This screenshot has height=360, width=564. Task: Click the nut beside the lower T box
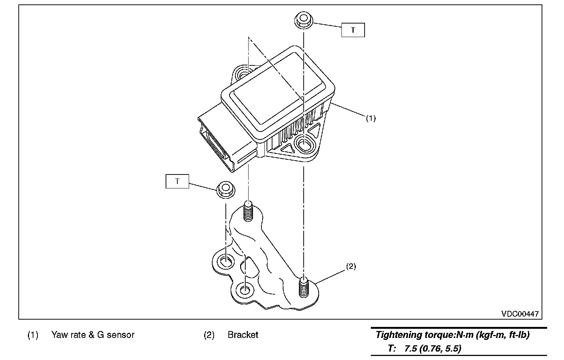click(225, 190)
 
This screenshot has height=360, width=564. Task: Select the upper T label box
click(353, 30)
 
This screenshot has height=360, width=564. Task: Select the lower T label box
click(177, 181)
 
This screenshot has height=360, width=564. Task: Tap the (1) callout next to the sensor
click(370, 118)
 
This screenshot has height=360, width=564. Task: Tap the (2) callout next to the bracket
click(351, 267)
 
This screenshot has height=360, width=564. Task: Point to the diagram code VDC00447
click(520, 314)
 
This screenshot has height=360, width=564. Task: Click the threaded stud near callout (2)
click(304, 287)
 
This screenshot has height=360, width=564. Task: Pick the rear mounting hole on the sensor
click(243, 73)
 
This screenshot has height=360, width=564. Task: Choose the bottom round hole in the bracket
click(244, 290)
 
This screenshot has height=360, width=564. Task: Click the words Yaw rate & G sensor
click(93, 335)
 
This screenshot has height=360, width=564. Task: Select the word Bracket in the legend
click(243, 335)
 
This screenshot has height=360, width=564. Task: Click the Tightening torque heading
click(452, 335)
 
